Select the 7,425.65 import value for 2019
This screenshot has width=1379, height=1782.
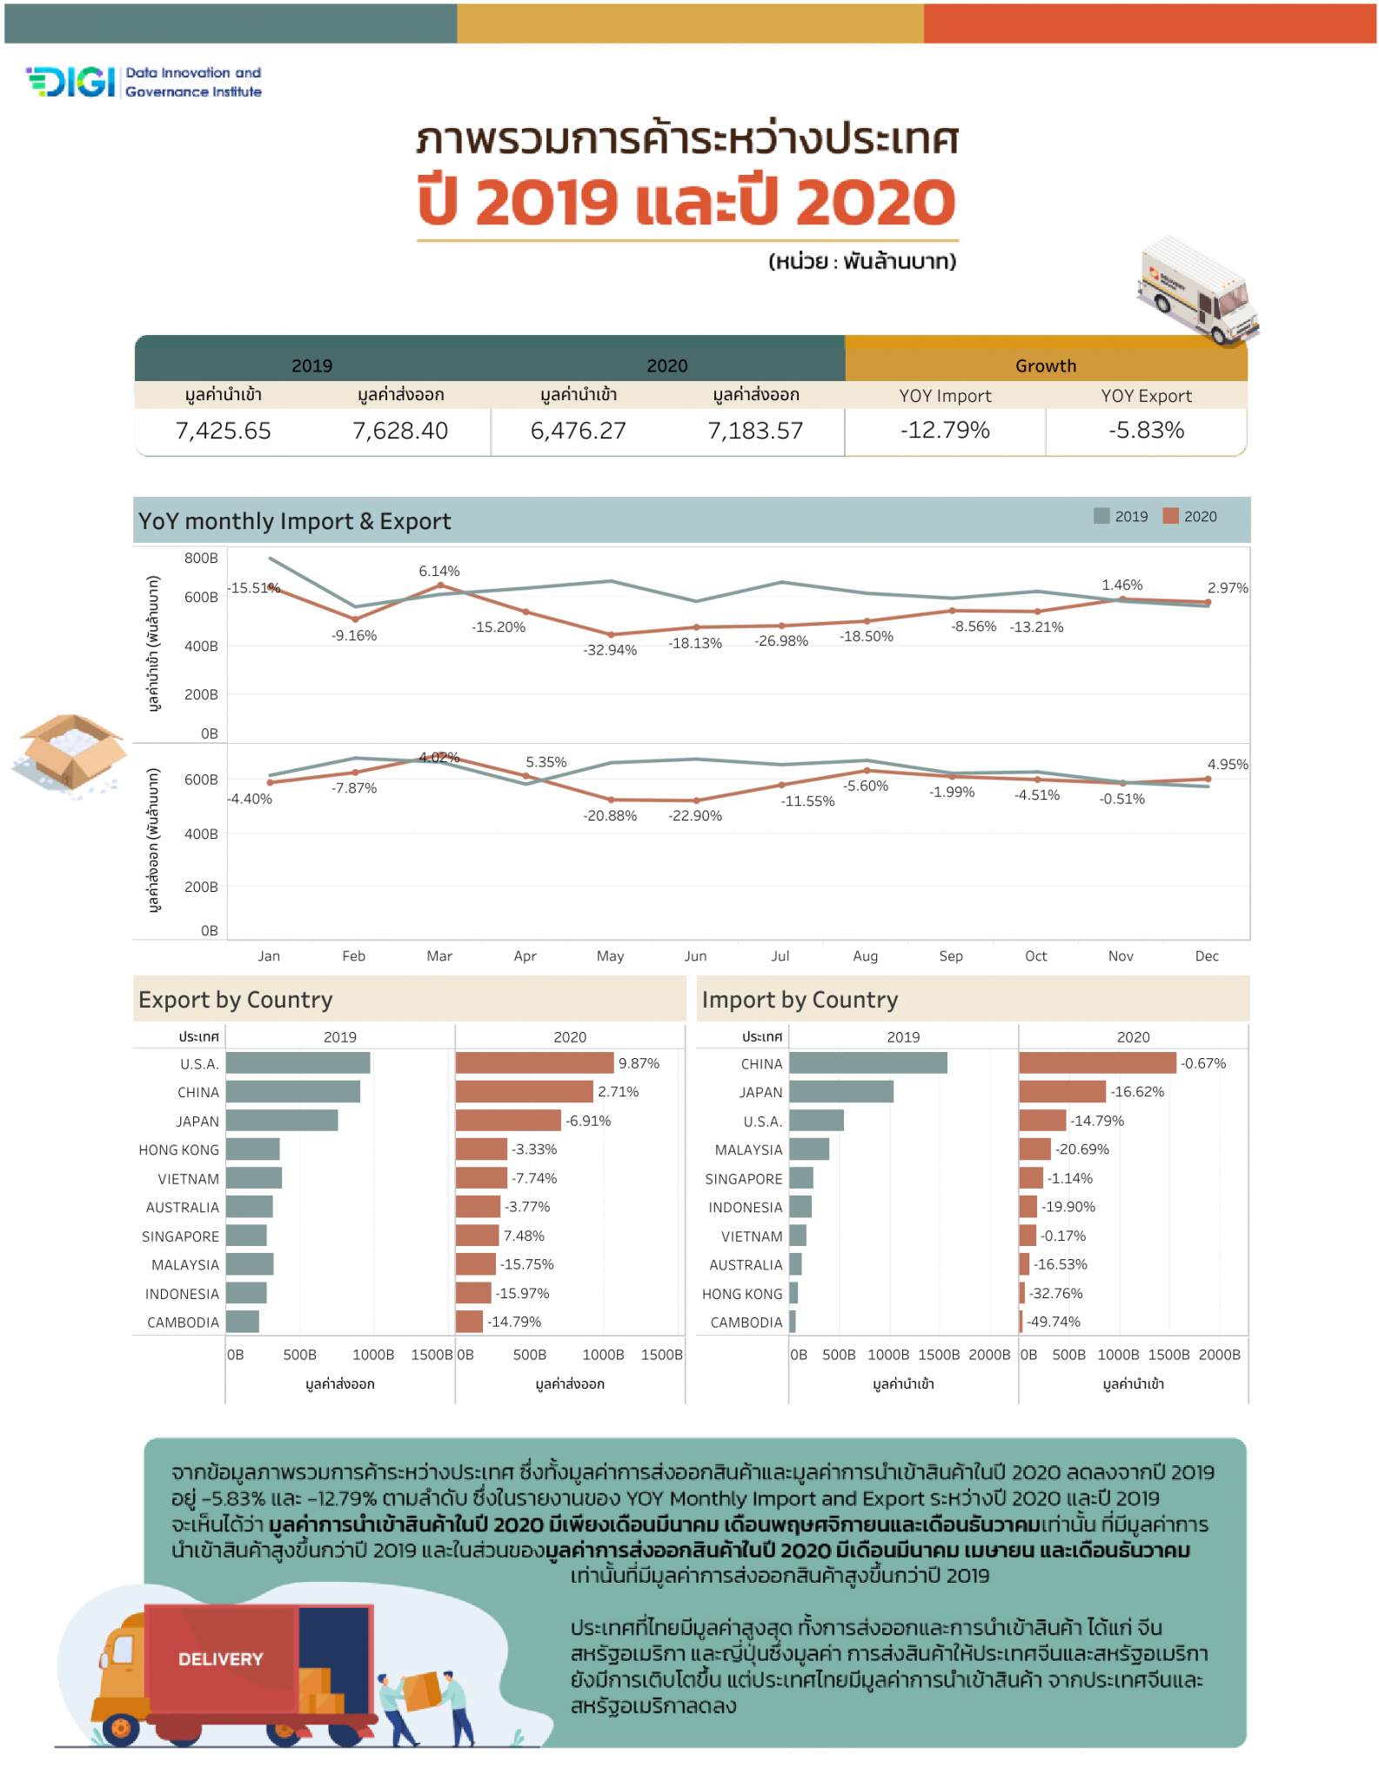point(223,431)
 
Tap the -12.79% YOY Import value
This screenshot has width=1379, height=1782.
point(945,430)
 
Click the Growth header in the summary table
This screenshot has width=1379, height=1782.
point(1045,365)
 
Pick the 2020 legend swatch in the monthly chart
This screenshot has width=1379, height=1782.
point(1170,516)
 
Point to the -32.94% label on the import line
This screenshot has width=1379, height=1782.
point(610,650)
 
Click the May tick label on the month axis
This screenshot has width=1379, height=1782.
point(610,955)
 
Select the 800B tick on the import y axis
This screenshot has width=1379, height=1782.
point(201,558)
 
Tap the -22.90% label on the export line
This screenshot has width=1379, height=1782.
point(695,815)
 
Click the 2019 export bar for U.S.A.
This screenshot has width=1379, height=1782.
point(298,1062)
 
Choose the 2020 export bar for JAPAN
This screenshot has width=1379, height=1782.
point(508,1120)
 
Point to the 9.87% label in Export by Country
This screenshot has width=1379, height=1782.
point(639,1063)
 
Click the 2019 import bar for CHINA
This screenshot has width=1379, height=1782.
point(867,1062)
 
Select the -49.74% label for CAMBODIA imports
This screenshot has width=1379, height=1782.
point(1054,1322)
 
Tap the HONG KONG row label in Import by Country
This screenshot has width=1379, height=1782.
point(742,1294)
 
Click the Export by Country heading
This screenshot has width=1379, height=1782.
point(236,1000)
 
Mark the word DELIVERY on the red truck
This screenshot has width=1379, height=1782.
point(220,1659)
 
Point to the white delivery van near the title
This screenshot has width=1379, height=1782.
point(1198,291)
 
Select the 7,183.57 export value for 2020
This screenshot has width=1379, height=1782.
point(755,431)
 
